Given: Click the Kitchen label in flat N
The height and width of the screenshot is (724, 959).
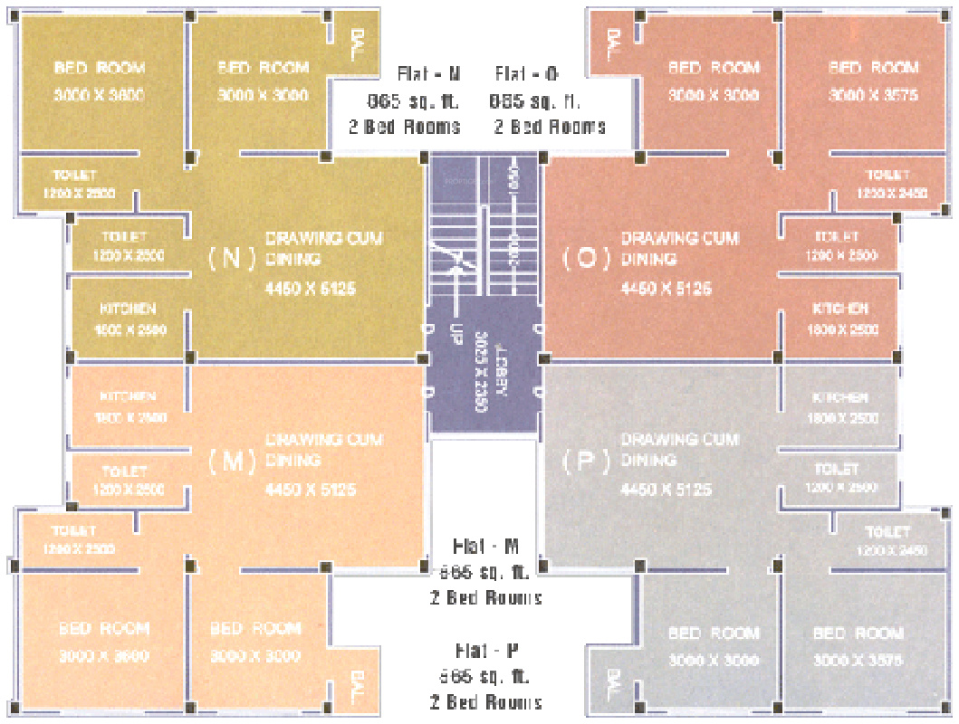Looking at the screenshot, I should click(x=128, y=310).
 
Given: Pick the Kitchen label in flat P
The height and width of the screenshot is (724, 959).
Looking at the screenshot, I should click(x=840, y=398).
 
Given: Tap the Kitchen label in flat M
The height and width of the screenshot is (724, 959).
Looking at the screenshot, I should click(x=128, y=397).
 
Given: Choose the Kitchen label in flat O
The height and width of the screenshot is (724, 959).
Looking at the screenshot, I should click(x=840, y=310).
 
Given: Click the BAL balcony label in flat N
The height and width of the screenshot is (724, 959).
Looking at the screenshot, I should click(x=358, y=42).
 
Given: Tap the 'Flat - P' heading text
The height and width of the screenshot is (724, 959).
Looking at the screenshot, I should click(x=486, y=651).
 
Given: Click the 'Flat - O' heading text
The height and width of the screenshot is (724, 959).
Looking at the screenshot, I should click(x=530, y=74).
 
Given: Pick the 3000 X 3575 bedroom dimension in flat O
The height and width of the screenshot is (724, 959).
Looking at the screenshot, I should click(x=873, y=96).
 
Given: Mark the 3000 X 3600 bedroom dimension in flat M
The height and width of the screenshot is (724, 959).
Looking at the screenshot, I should click(x=104, y=656).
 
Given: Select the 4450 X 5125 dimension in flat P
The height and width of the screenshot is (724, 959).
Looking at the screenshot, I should click(x=666, y=490).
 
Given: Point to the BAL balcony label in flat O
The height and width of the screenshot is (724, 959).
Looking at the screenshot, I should click(x=614, y=43).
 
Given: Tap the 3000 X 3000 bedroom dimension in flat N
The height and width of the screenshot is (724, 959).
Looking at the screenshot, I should click(x=263, y=96).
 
